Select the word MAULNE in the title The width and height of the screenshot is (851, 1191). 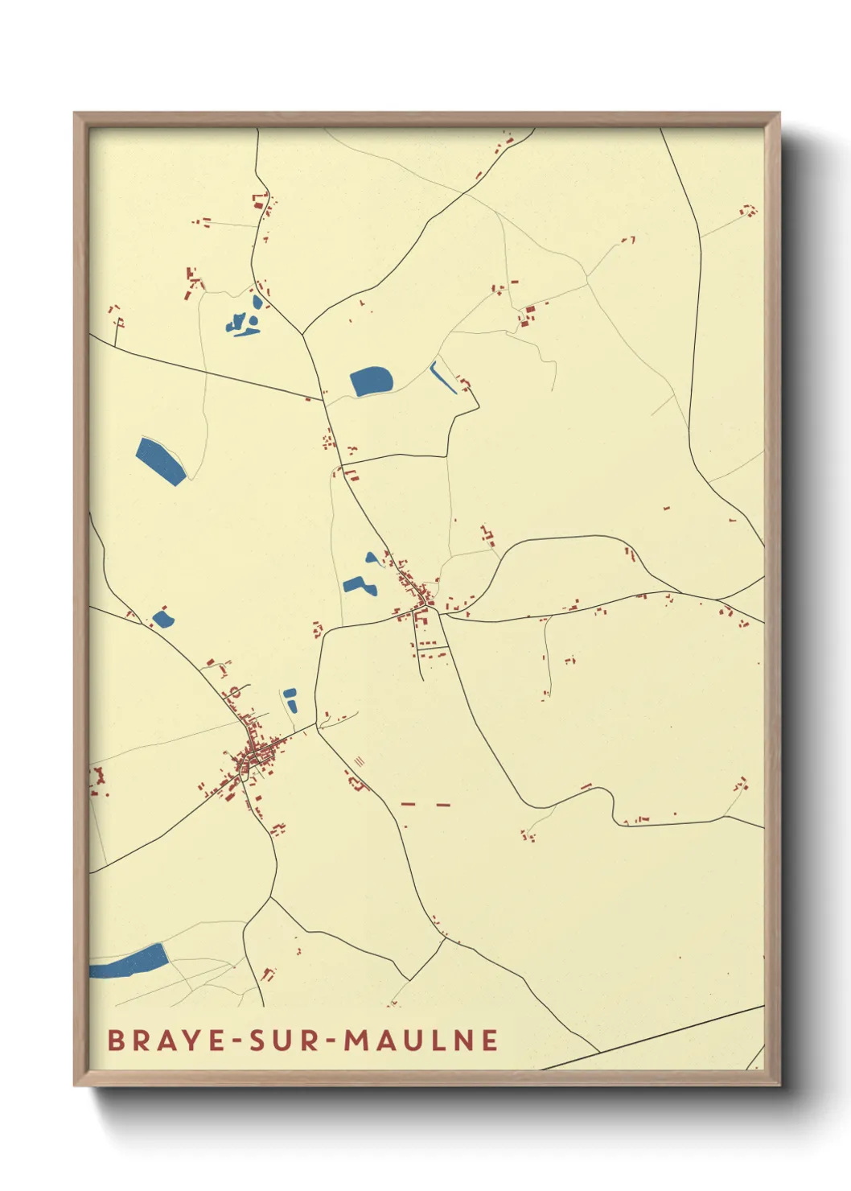(x=421, y=1040)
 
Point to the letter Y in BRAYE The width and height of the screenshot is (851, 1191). (x=191, y=1040)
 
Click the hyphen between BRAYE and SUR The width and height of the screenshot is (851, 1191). (x=236, y=1041)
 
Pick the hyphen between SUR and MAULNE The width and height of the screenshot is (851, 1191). (x=330, y=1041)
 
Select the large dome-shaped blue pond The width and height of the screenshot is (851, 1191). (x=372, y=381)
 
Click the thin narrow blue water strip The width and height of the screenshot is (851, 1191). (x=442, y=377)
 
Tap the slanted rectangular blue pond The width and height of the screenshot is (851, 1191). (x=161, y=460)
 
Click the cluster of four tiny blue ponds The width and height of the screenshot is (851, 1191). (x=245, y=320)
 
